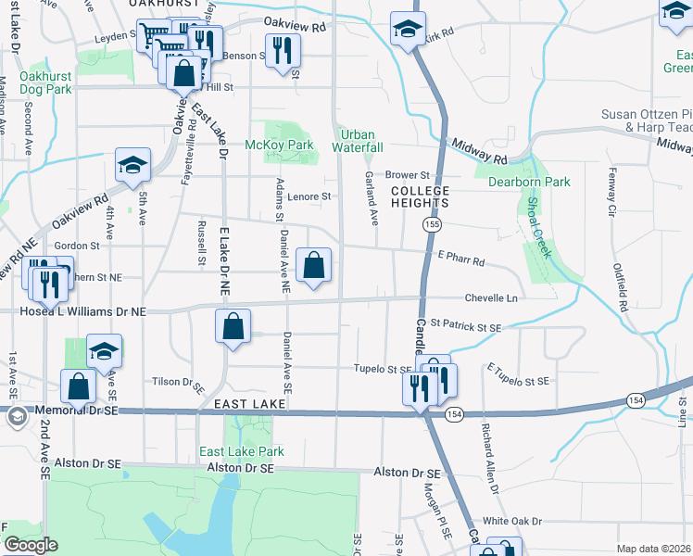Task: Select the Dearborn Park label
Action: coord(529,182)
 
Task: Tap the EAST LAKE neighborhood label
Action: coord(242,404)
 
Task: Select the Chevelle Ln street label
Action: coord(491,298)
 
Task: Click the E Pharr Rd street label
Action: coord(460,262)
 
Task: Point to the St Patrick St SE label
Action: coord(465,327)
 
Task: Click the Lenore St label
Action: coord(309,196)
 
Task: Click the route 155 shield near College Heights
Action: coord(431,224)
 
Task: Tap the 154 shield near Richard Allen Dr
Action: coord(453,412)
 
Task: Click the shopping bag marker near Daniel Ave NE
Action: coord(314,266)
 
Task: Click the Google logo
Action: coord(30,545)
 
